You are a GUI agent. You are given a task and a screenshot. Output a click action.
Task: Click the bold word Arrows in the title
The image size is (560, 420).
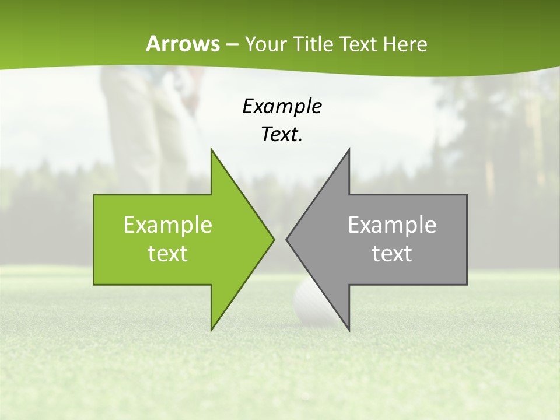[183, 44]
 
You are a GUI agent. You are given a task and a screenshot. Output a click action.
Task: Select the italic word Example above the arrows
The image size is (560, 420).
[282, 106]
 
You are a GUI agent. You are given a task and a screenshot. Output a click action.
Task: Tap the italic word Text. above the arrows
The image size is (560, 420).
[282, 135]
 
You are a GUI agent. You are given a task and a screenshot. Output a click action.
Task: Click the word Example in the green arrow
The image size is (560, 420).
[168, 225]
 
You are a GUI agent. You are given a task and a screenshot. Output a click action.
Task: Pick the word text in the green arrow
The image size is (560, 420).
[168, 253]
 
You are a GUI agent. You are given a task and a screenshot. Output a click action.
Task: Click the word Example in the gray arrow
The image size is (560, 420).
[392, 225]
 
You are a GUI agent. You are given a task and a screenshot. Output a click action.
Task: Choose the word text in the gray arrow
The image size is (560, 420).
[392, 253]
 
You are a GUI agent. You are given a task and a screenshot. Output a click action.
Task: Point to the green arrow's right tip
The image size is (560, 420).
[274, 239]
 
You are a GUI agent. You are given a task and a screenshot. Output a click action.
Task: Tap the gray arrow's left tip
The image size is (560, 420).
[287, 239]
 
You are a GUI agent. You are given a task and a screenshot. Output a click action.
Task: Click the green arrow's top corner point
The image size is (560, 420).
[211, 149]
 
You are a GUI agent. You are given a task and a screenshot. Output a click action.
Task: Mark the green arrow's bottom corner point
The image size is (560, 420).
[211, 330]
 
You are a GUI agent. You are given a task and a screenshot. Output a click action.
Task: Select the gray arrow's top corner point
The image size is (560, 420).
[349, 149]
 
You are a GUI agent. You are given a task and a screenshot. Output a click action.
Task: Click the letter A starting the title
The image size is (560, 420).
[153, 44]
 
